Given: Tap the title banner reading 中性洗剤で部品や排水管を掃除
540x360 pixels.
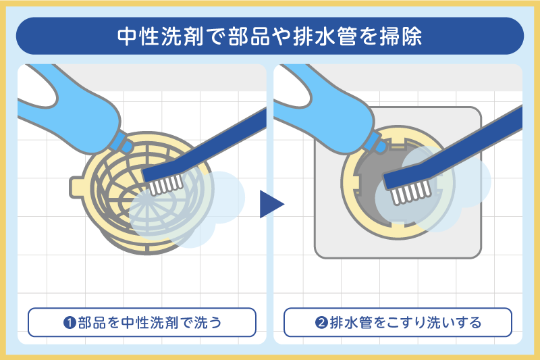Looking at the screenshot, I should [270, 36].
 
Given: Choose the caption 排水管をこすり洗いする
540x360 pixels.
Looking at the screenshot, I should [398, 322].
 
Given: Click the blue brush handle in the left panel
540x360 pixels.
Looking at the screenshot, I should [216, 138].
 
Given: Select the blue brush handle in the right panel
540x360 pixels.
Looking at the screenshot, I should [466, 142].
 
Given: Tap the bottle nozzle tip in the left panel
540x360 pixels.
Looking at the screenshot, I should [126, 144].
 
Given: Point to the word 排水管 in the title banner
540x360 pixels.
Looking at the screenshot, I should [332, 36].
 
